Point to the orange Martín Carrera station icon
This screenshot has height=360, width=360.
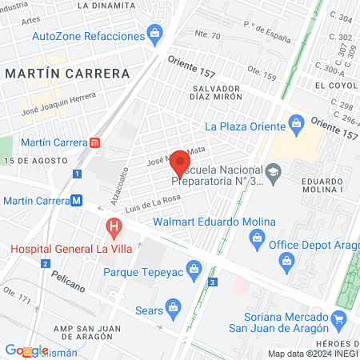[95, 142]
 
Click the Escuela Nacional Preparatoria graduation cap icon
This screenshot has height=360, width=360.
[274, 171]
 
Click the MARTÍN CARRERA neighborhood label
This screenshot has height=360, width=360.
[67, 74]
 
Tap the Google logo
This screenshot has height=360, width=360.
[26, 350]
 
